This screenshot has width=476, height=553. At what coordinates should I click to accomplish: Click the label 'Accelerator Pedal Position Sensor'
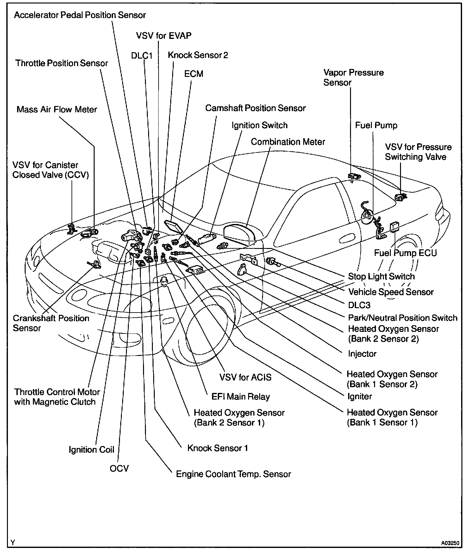tap(80, 15)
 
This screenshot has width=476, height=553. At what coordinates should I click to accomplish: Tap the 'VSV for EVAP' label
tap(164, 36)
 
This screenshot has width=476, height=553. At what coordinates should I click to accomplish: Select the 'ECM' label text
tap(194, 74)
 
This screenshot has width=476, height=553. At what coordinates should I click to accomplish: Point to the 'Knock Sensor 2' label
tap(198, 55)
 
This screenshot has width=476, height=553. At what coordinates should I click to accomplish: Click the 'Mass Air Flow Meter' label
tap(57, 110)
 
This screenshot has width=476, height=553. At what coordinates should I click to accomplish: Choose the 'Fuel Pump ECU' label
tap(405, 253)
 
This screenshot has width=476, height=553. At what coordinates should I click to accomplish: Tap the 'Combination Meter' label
tap(288, 142)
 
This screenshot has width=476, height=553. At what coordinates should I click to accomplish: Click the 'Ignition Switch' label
tap(260, 126)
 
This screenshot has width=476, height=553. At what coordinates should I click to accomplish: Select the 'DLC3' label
tap(359, 305)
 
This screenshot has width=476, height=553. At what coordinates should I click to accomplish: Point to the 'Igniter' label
tap(360, 396)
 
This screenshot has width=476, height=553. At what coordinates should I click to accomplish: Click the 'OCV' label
tap(119, 468)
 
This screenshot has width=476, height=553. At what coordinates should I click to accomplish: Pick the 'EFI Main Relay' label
tap(241, 397)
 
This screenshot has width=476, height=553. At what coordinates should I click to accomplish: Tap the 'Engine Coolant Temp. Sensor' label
tap(233, 474)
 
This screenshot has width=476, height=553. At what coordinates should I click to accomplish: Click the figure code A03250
tap(450, 543)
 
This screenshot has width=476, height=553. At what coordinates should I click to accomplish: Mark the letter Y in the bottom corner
tap(13, 543)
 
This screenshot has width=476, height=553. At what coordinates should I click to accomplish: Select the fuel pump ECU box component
tap(394, 227)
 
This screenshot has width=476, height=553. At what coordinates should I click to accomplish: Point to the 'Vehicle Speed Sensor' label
tap(391, 292)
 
